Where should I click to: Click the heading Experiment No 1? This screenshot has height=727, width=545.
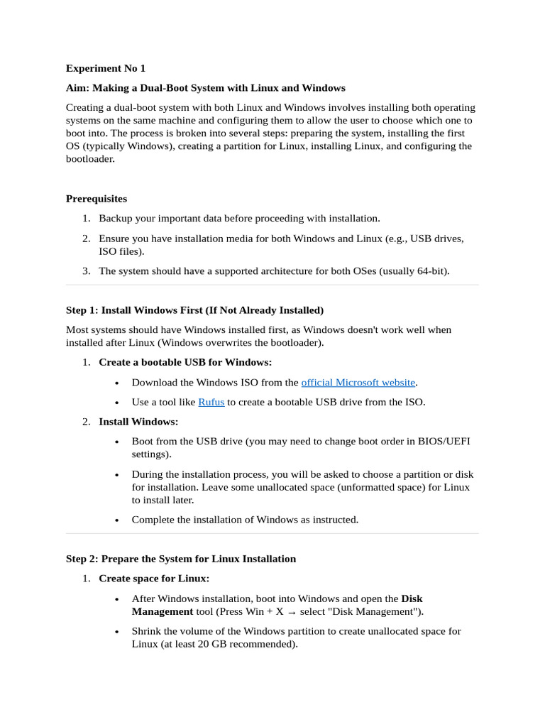[105, 68]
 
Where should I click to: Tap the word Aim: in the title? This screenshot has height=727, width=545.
[77, 88]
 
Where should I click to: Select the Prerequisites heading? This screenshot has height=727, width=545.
[97, 199]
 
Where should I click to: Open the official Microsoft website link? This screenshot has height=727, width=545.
[358, 382]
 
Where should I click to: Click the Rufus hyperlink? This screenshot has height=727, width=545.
[211, 402]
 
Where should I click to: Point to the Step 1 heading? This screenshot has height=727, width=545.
[194, 310]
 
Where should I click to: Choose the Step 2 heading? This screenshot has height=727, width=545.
[181, 559]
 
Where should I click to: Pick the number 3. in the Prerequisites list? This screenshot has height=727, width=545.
[86, 271]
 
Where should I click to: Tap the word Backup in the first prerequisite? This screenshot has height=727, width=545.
[116, 219]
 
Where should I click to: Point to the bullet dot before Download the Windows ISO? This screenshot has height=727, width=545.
[116, 383]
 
